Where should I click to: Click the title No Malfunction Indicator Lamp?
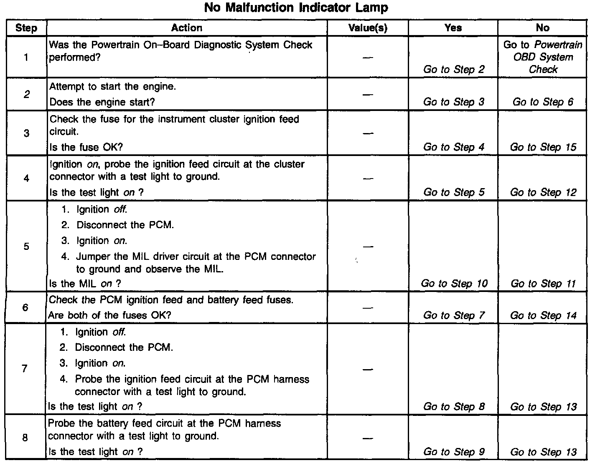pos(296,8)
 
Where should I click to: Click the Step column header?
pos(26,28)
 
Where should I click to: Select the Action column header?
pos(186,28)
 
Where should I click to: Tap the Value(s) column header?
pos(368,28)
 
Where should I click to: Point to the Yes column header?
pos(453,28)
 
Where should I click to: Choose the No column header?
pos(542,28)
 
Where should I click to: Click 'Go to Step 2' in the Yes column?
pos(454,69)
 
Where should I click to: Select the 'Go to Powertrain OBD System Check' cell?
pos(542,57)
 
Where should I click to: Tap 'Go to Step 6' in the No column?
pos(543,102)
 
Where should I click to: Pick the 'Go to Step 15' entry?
pos(543,147)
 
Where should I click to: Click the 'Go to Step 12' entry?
pos(543,192)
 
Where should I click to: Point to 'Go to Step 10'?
pos(454,283)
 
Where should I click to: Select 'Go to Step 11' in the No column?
pos(543,284)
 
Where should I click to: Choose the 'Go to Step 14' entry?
pos(543,315)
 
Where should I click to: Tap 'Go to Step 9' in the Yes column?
pos(454,451)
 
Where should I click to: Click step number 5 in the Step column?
pos(26,246)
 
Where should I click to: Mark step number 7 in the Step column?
pos(25,368)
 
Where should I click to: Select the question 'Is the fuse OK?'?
pos(86,147)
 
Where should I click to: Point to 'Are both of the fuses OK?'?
pos(109,315)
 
